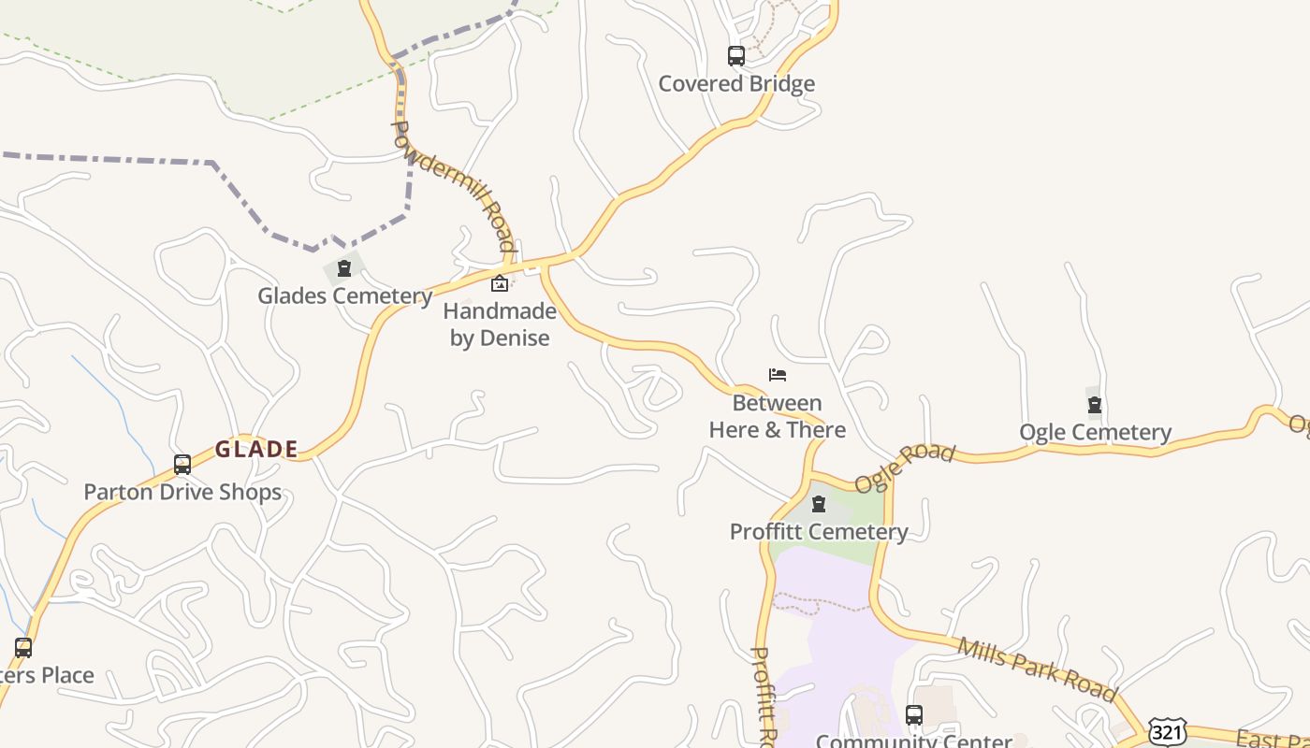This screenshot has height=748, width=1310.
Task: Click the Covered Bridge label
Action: pyautogui.click(x=736, y=83)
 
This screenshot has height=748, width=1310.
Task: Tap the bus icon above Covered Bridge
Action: pyautogui.click(x=736, y=56)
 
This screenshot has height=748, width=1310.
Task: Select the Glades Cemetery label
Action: pyautogui.click(x=344, y=295)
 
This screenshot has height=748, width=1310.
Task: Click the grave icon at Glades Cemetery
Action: pyautogui.click(x=344, y=269)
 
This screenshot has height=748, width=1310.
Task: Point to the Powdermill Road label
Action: pyautogui.click(x=454, y=186)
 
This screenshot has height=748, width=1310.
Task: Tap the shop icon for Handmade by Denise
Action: pyautogui.click(x=500, y=283)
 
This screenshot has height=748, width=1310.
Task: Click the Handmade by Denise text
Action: pyautogui.click(x=500, y=324)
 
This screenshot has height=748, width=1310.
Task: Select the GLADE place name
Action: pyautogui.click(x=256, y=449)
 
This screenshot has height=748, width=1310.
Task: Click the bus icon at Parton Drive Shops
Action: pyautogui.click(x=182, y=465)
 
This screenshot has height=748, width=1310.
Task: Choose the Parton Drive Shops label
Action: pyautogui.click(x=182, y=492)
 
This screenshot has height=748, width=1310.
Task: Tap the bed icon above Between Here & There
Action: pyautogui.click(x=778, y=375)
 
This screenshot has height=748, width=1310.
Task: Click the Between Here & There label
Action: pyautogui.click(x=778, y=416)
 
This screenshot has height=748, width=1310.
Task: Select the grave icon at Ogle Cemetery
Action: pyautogui.click(x=1095, y=405)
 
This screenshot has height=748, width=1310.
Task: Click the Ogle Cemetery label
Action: pyautogui.click(x=1095, y=432)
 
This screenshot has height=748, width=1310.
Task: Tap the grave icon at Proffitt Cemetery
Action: pyautogui.click(x=819, y=505)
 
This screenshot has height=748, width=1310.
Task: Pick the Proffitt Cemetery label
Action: pyautogui.click(x=819, y=531)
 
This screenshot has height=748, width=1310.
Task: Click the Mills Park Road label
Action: pyautogui.click(x=1037, y=669)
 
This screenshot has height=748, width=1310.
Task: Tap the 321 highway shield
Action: pyautogui.click(x=1167, y=731)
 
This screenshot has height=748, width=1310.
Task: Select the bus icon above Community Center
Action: pyautogui.click(x=914, y=715)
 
